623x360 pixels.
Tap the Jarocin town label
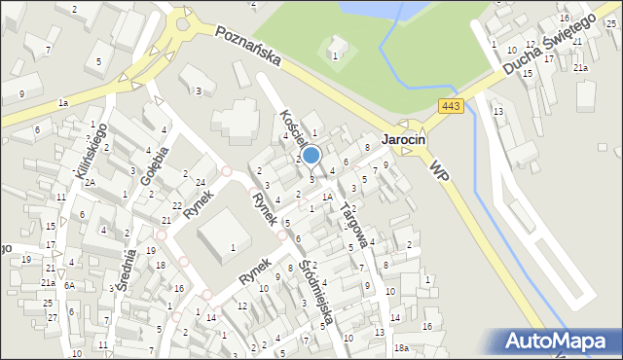tap(404, 139)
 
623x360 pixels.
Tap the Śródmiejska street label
tap(318, 290)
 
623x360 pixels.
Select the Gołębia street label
tap(155, 165)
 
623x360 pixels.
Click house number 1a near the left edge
tap(63, 102)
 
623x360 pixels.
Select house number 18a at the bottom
tap(401, 347)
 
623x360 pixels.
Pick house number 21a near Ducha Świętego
tap(579, 68)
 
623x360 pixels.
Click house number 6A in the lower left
tap(69, 285)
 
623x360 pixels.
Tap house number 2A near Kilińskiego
tap(89, 182)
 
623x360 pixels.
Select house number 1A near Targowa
tap(328, 198)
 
